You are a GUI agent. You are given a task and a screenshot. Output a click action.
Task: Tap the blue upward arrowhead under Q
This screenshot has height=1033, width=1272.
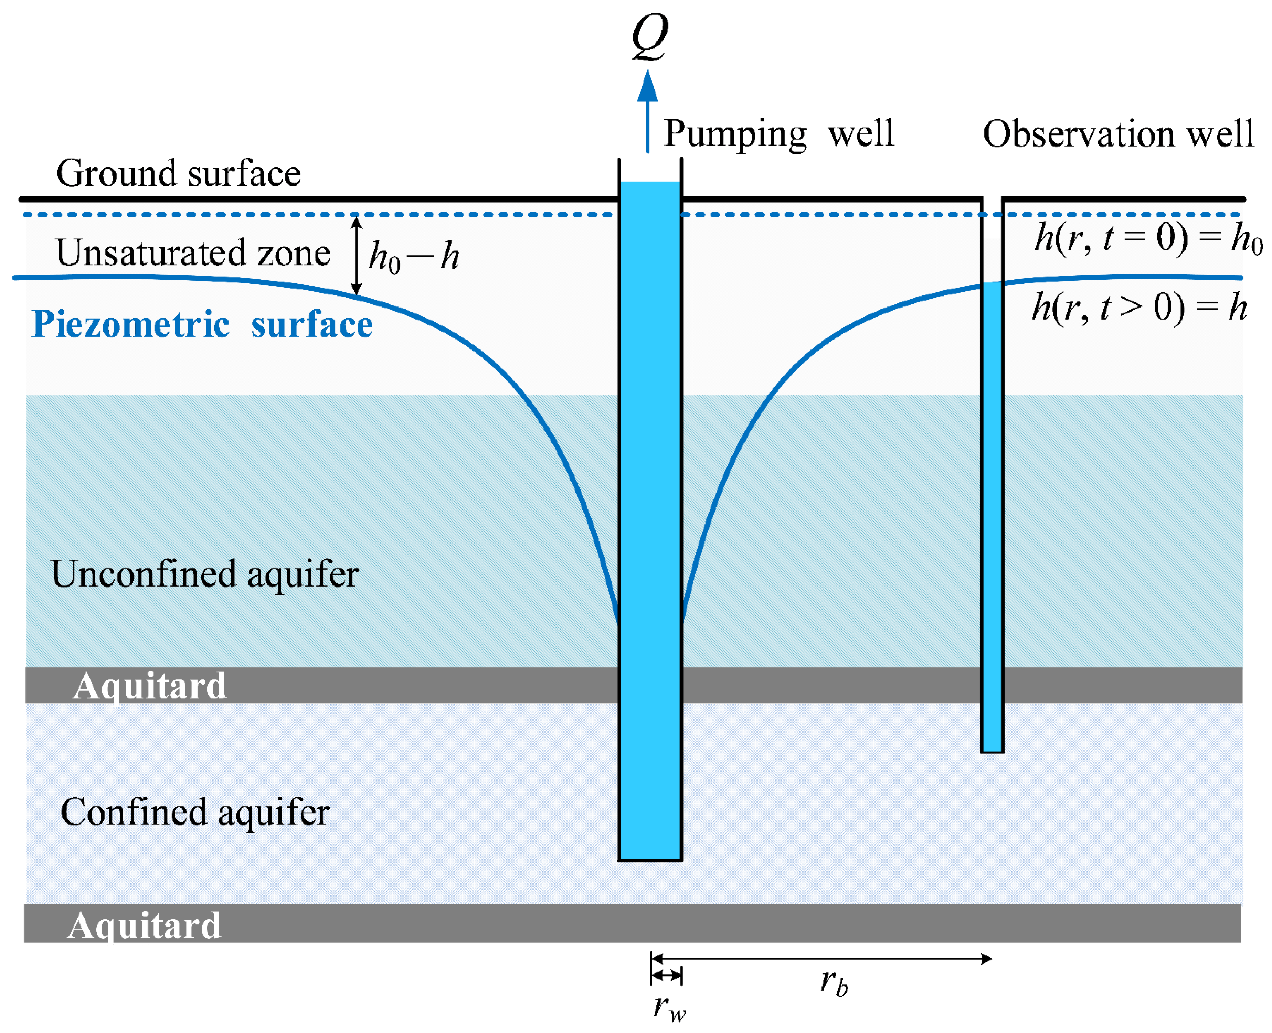tap(648, 86)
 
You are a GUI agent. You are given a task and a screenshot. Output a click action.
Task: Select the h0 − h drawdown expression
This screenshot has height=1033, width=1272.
tap(414, 257)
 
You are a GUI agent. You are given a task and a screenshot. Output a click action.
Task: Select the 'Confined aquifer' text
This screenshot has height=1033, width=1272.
tap(195, 812)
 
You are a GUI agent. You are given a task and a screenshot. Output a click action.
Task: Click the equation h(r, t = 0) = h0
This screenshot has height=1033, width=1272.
tap(1148, 238)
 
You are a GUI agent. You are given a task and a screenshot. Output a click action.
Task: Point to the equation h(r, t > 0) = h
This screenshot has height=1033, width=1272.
tap(1139, 308)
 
